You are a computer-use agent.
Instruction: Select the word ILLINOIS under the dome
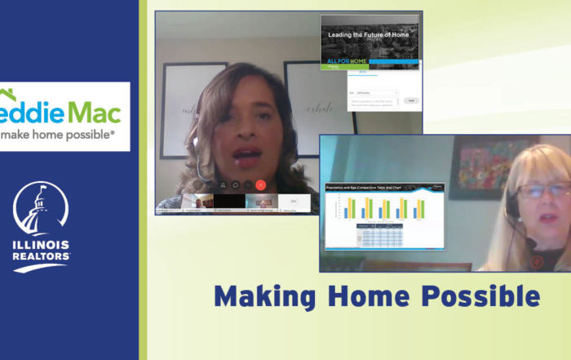coord(42,245)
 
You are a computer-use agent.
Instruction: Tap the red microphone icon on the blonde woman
coord(536,261)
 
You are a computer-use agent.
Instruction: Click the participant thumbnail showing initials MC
coord(293,200)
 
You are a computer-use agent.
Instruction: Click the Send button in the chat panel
coord(409,100)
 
